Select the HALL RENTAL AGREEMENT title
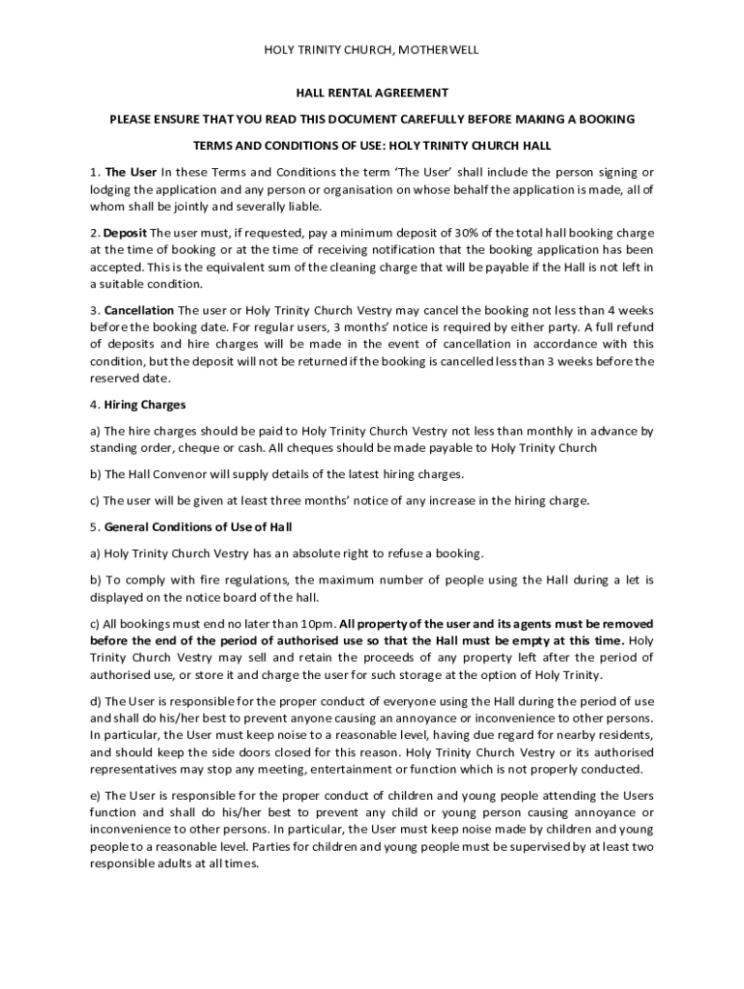(372, 93)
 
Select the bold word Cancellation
(139, 310)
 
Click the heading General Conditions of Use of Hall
(198, 527)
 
